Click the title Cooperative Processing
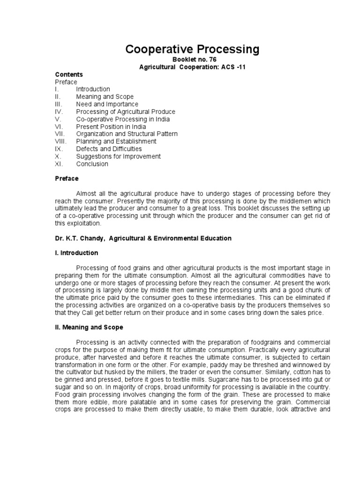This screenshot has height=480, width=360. [x=192, y=49]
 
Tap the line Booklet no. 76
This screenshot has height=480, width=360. [x=192, y=60]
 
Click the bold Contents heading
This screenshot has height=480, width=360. [x=69, y=75]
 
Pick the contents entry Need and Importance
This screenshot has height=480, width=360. [x=107, y=104]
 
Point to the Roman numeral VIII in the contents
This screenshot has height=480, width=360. [x=61, y=142]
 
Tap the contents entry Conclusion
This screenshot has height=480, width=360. [x=92, y=164]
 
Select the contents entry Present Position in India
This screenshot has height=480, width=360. [x=111, y=127]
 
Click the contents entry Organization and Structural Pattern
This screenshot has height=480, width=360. [x=127, y=134]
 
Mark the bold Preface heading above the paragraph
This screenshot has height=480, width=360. [x=67, y=179]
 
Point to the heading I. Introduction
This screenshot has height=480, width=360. [x=76, y=253]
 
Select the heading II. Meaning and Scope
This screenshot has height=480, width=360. [x=89, y=327]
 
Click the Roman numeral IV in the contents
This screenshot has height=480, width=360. [x=59, y=112]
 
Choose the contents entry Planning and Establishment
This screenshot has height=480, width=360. [x=116, y=142]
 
